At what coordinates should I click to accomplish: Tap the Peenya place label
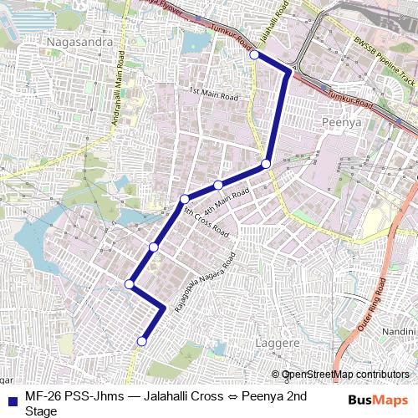tap(339, 122)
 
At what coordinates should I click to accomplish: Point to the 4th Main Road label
tap(227, 201)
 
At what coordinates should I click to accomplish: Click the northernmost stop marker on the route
tap(254, 54)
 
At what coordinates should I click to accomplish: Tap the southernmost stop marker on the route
tap(142, 341)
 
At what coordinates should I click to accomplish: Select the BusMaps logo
tap(372, 400)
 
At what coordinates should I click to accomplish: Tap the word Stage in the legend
tap(41, 410)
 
